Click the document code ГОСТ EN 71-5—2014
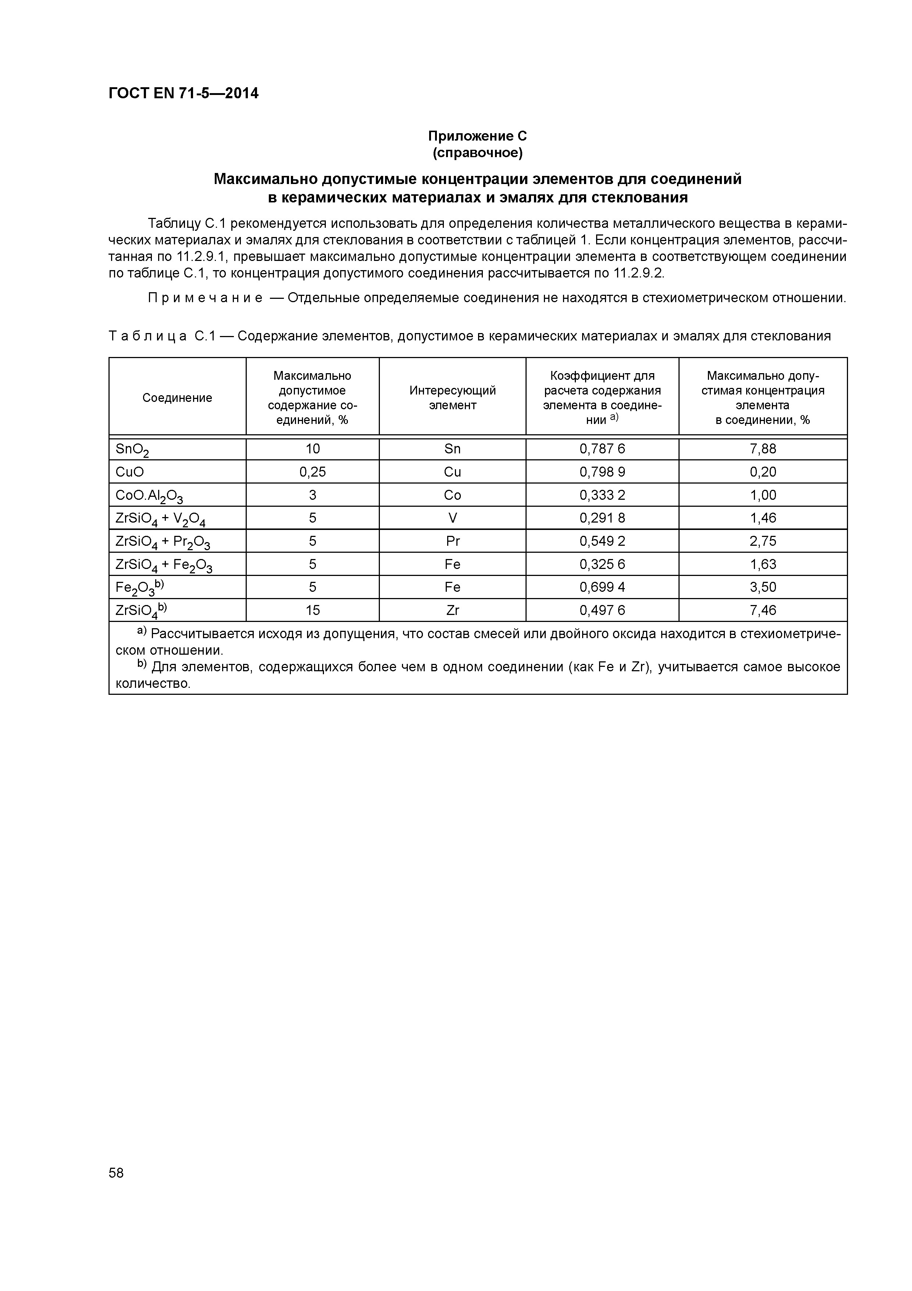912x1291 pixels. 183,93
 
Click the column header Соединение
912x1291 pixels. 177,397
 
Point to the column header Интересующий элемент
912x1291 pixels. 452,397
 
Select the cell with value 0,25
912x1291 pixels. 313,472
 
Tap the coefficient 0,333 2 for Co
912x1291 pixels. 602,495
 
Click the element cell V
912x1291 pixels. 452,518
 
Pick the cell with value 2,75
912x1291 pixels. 763,541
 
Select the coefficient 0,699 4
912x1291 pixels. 602,587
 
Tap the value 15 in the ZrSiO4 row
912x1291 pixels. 313,610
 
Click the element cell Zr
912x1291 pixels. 452,610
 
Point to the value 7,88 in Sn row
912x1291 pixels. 763,449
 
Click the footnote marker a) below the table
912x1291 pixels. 142,632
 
